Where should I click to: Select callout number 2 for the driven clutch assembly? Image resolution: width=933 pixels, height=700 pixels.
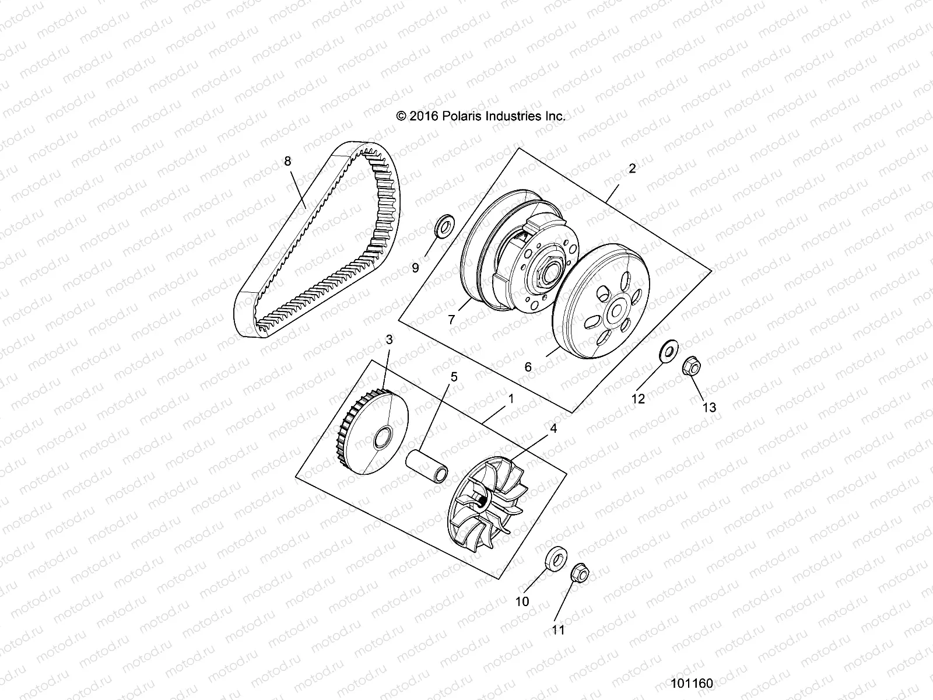pyautogui.click(x=632, y=169)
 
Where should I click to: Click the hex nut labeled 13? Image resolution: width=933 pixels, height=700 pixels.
pyautogui.click(x=692, y=367)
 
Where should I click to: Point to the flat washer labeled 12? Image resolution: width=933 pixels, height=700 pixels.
pyautogui.click(x=668, y=351)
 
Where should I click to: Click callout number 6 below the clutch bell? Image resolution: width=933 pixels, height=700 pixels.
pyautogui.click(x=528, y=367)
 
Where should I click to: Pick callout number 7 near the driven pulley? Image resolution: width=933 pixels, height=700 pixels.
pyautogui.click(x=451, y=320)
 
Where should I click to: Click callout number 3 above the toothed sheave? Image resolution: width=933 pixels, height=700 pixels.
pyautogui.click(x=390, y=339)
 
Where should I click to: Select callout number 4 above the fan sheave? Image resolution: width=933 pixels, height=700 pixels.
pyautogui.click(x=553, y=428)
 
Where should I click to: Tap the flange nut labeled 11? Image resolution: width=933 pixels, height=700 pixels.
pyautogui.click(x=578, y=574)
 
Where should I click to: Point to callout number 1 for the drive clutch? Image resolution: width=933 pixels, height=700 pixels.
pyautogui.click(x=511, y=400)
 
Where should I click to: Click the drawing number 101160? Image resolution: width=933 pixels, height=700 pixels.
pyautogui.click(x=692, y=683)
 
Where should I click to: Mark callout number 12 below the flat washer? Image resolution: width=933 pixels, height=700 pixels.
pyautogui.click(x=639, y=398)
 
